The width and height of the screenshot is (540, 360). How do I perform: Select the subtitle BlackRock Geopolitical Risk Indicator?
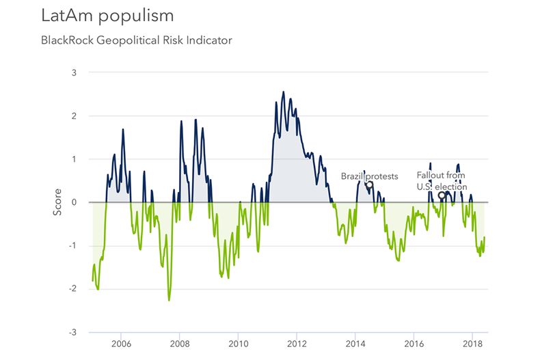[x=137, y=40]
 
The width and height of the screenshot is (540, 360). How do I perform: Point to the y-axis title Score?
[x=57, y=202]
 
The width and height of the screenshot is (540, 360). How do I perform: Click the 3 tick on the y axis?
[x=74, y=72]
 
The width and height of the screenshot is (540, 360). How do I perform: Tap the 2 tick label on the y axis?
[x=74, y=115]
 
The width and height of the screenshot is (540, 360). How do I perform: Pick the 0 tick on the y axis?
[x=74, y=202]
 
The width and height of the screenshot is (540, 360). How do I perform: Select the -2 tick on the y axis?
[x=72, y=289]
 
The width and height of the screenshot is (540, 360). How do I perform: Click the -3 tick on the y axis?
[x=72, y=333]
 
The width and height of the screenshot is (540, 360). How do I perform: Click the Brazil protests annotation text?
[x=369, y=176]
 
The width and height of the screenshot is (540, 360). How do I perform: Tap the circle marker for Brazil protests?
[x=369, y=184]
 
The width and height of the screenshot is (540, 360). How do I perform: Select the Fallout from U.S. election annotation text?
[x=442, y=181]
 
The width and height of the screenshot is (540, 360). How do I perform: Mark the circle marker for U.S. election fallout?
[x=442, y=195]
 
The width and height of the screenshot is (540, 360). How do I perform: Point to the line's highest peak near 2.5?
[x=284, y=92]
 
